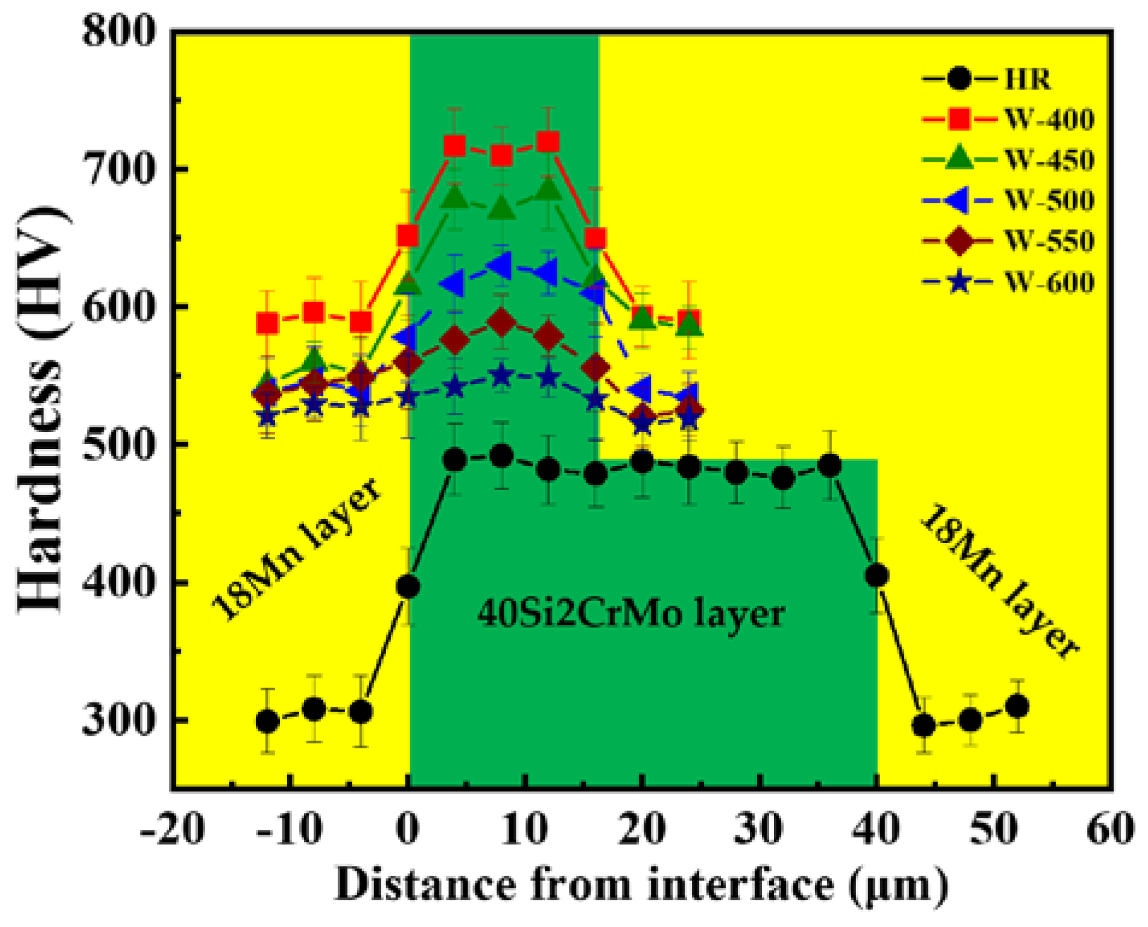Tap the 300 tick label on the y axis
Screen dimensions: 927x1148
click(118, 720)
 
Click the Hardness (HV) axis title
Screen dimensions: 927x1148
click(42, 410)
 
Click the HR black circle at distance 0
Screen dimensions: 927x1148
click(408, 587)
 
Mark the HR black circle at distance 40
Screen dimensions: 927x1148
click(877, 575)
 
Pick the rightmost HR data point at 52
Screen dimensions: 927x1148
click(1017, 706)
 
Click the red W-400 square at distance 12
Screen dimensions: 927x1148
click(548, 142)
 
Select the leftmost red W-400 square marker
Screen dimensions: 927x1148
click(267, 323)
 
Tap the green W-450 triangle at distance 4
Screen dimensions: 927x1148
click(455, 197)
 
